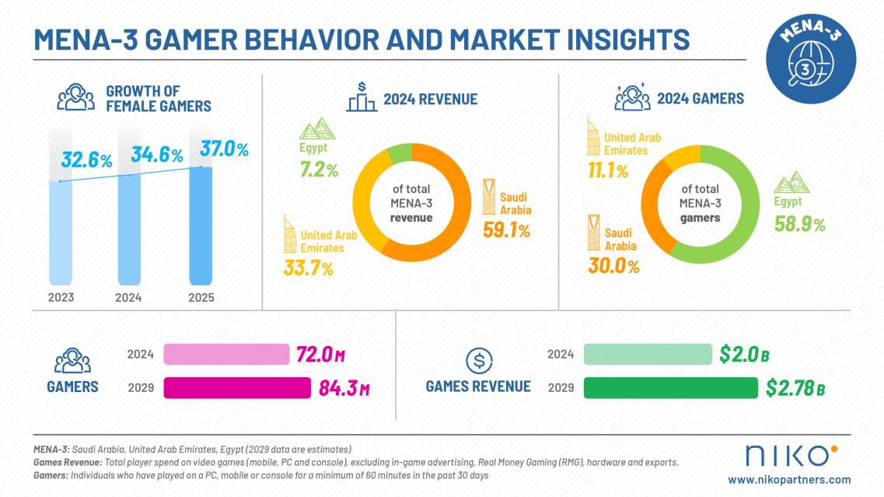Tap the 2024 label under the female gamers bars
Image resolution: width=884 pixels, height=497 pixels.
(x=129, y=297)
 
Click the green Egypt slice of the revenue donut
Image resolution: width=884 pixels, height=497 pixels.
(x=398, y=153)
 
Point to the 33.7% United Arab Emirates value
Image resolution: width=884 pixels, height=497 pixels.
(x=308, y=269)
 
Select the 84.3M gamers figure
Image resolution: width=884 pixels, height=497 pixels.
(x=343, y=387)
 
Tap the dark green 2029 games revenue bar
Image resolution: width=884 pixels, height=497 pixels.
(x=670, y=387)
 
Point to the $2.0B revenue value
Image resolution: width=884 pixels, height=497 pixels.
(x=743, y=355)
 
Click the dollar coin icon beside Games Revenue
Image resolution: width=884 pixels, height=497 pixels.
(x=478, y=360)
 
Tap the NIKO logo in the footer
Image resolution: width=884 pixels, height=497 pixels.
(x=788, y=455)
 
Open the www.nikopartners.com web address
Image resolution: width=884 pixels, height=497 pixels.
(x=788, y=480)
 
